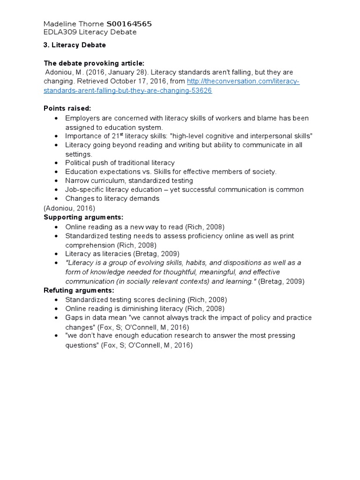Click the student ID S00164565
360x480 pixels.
(x=129, y=24)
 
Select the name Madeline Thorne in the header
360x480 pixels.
(x=74, y=24)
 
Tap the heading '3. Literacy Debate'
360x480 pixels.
(x=75, y=45)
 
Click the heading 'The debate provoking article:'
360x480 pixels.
(x=94, y=63)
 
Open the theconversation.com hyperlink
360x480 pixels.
(x=243, y=82)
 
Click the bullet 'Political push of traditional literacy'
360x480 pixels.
(x=120, y=163)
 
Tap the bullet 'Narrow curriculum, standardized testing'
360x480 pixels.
(x=129, y=180)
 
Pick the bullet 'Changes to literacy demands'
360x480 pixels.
(x=112, y=198)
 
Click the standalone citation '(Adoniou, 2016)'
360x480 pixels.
(x=69, y=208)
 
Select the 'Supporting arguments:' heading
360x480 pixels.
(x=83, y=217)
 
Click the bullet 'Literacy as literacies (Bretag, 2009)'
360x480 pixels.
(x=122, y=254)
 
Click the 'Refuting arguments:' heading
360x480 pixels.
(x=79, y=290)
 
